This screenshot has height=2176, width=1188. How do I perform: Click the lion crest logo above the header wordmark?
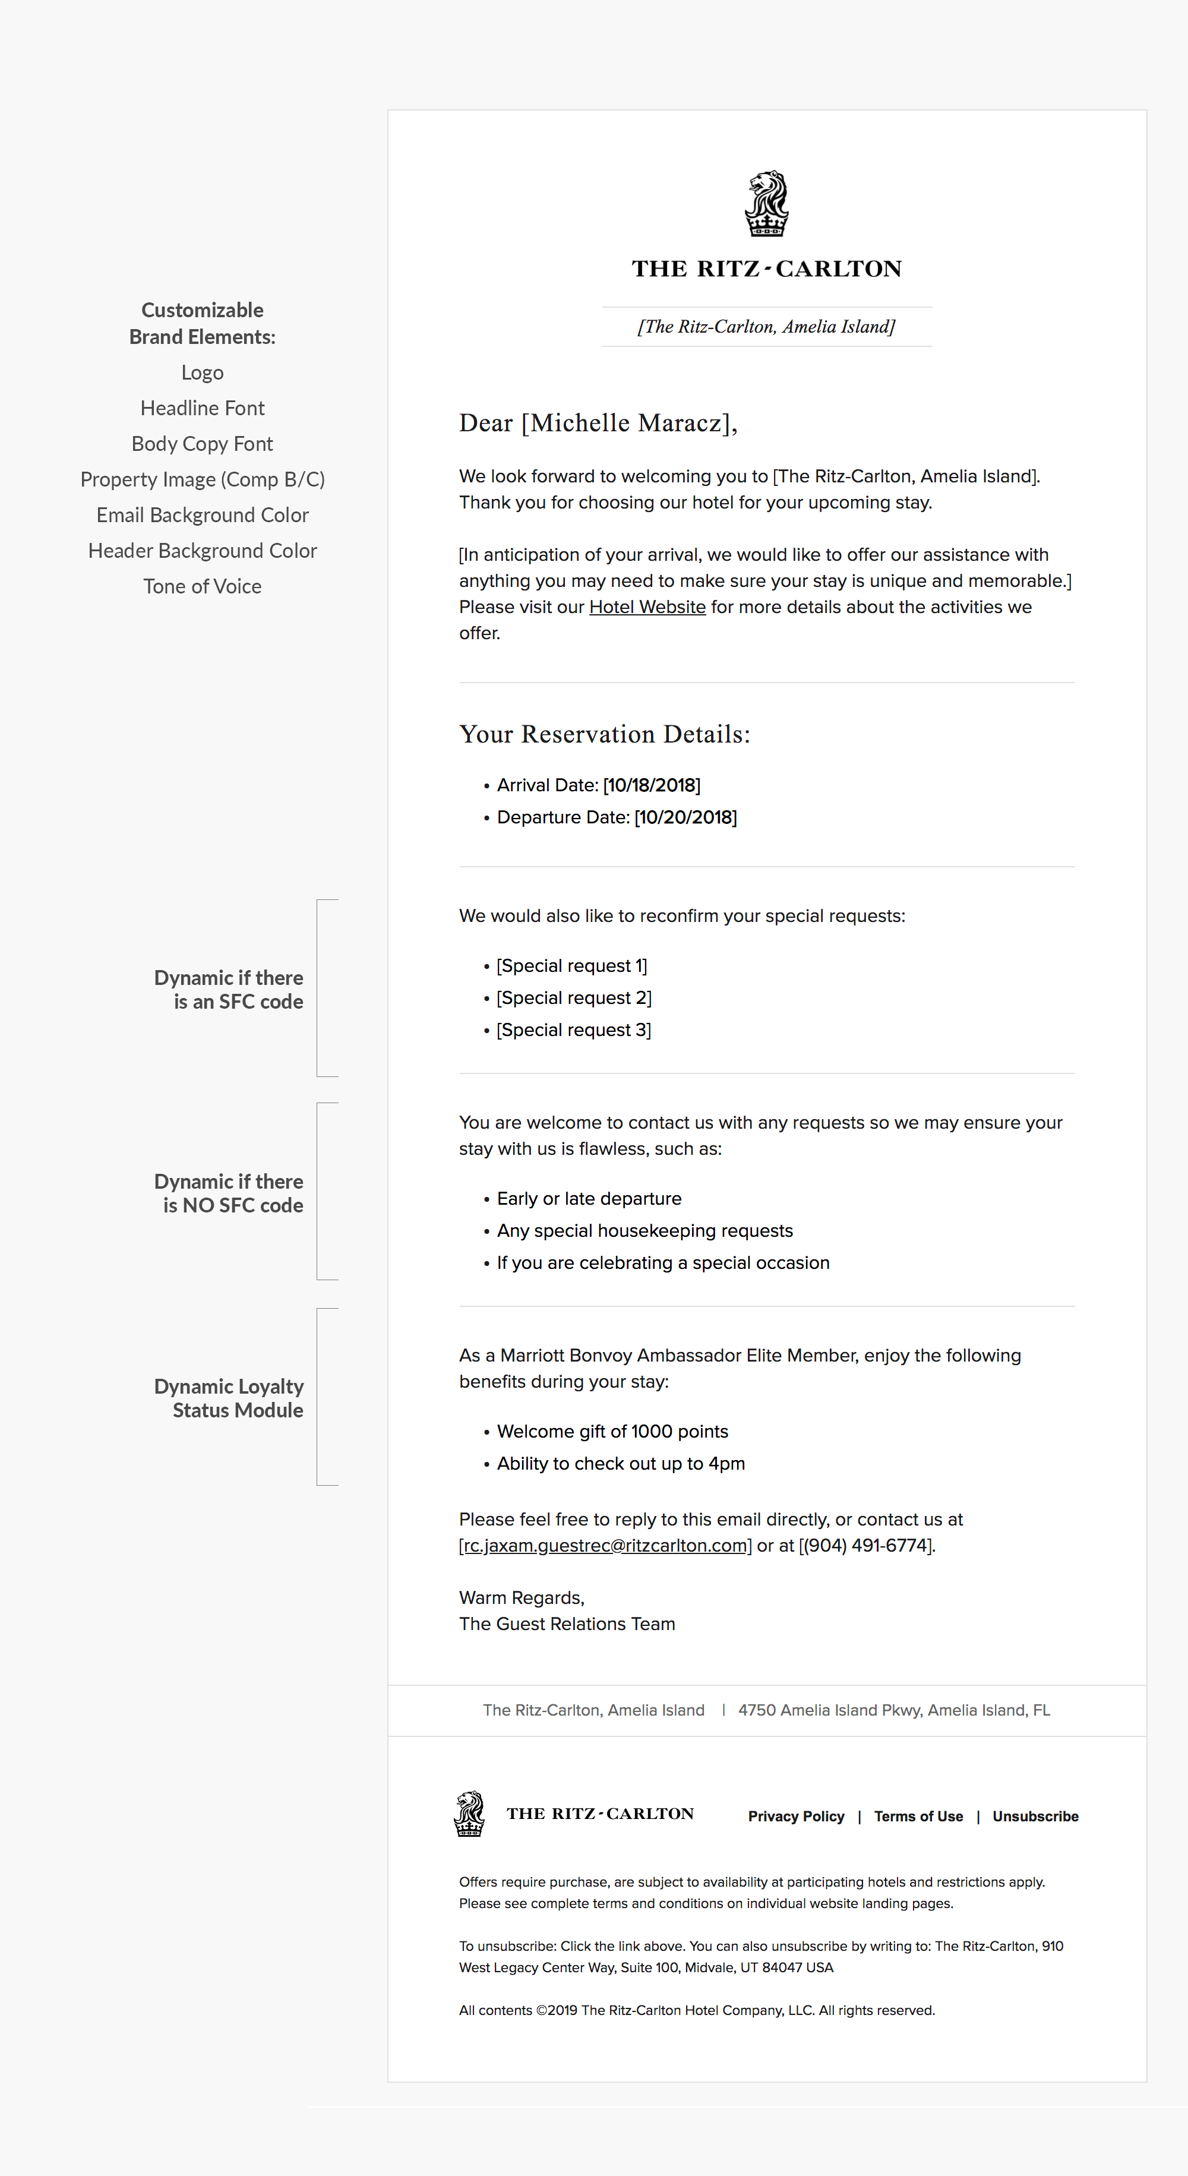(x=766, y=204)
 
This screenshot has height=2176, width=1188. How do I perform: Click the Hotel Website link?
(x=647, y=607)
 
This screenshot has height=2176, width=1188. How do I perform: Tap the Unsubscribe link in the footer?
(x=1035, y=1816)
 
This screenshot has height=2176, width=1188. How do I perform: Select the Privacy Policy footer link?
(x=796, y=1816)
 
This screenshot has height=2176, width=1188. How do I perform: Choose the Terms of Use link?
(x=918, y=1816)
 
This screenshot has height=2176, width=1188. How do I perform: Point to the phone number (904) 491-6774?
(x=866, y=1545)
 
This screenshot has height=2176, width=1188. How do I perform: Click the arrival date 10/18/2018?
(x=652, y=785)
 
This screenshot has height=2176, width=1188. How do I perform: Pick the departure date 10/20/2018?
(x=685, y=817)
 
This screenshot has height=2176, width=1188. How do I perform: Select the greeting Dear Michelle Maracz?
(x=598, y=422)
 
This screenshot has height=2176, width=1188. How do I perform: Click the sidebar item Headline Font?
(x=203, y=408)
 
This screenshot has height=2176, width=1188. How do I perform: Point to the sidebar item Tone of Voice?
(x=203, y=586)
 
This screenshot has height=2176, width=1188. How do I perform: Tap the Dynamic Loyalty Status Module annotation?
(x=229, y=1398)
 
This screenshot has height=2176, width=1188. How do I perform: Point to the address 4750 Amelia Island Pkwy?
(x=894, y=1710)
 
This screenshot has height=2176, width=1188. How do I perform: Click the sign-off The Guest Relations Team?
(x=567, y=1624)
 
